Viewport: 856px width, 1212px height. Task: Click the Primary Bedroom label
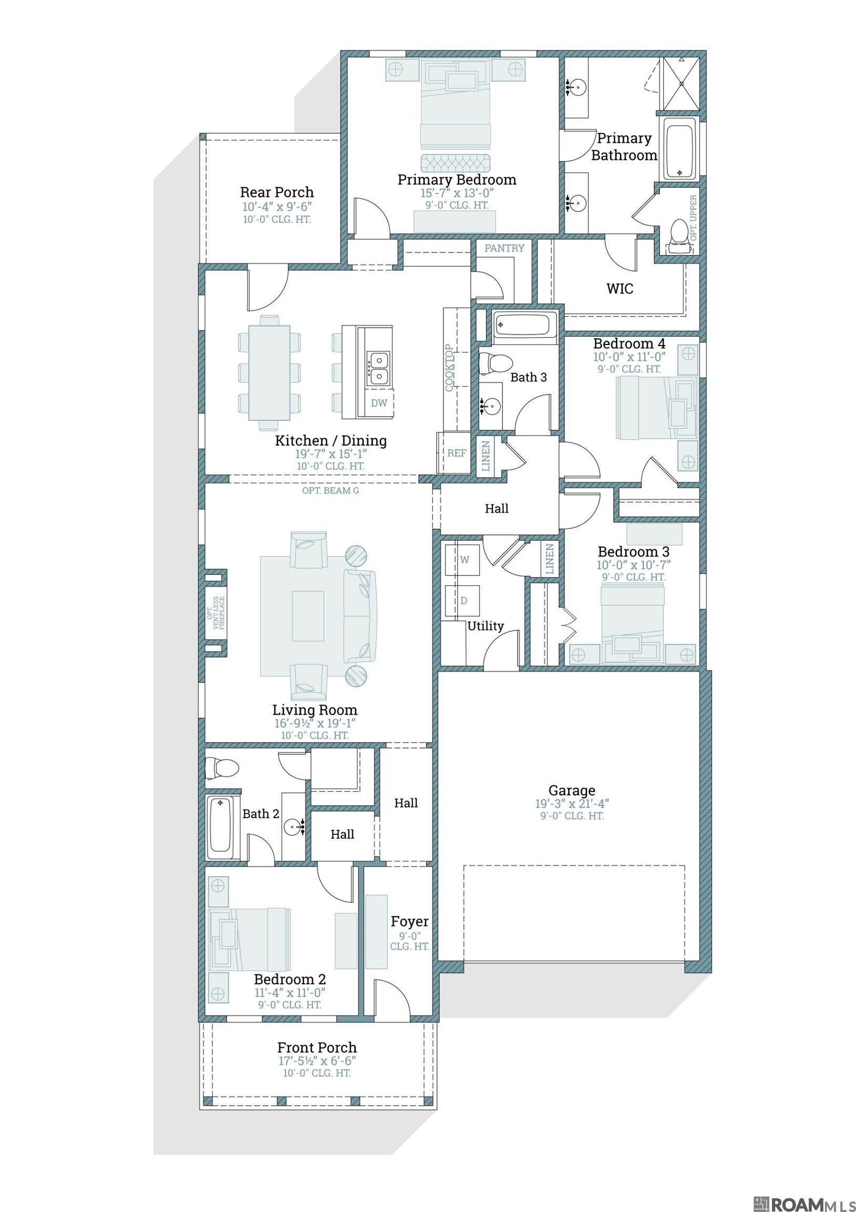coord(457,179)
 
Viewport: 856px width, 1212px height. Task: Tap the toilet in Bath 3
coord(495,363)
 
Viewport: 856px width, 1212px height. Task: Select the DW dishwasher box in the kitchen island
coord(379,403)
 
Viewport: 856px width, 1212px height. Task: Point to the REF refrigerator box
coord(456,452)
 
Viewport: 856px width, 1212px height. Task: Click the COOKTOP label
coord(449,368)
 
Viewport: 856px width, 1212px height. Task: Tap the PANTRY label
coord(504,248)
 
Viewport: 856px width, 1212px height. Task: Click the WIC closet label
coord(620,289)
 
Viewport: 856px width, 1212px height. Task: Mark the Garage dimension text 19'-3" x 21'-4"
coord(572,804)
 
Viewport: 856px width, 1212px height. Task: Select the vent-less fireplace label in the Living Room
coord(215,612)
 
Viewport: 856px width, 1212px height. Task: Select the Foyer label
coord(409,922)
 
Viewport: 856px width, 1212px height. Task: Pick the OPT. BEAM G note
coord(331,490)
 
